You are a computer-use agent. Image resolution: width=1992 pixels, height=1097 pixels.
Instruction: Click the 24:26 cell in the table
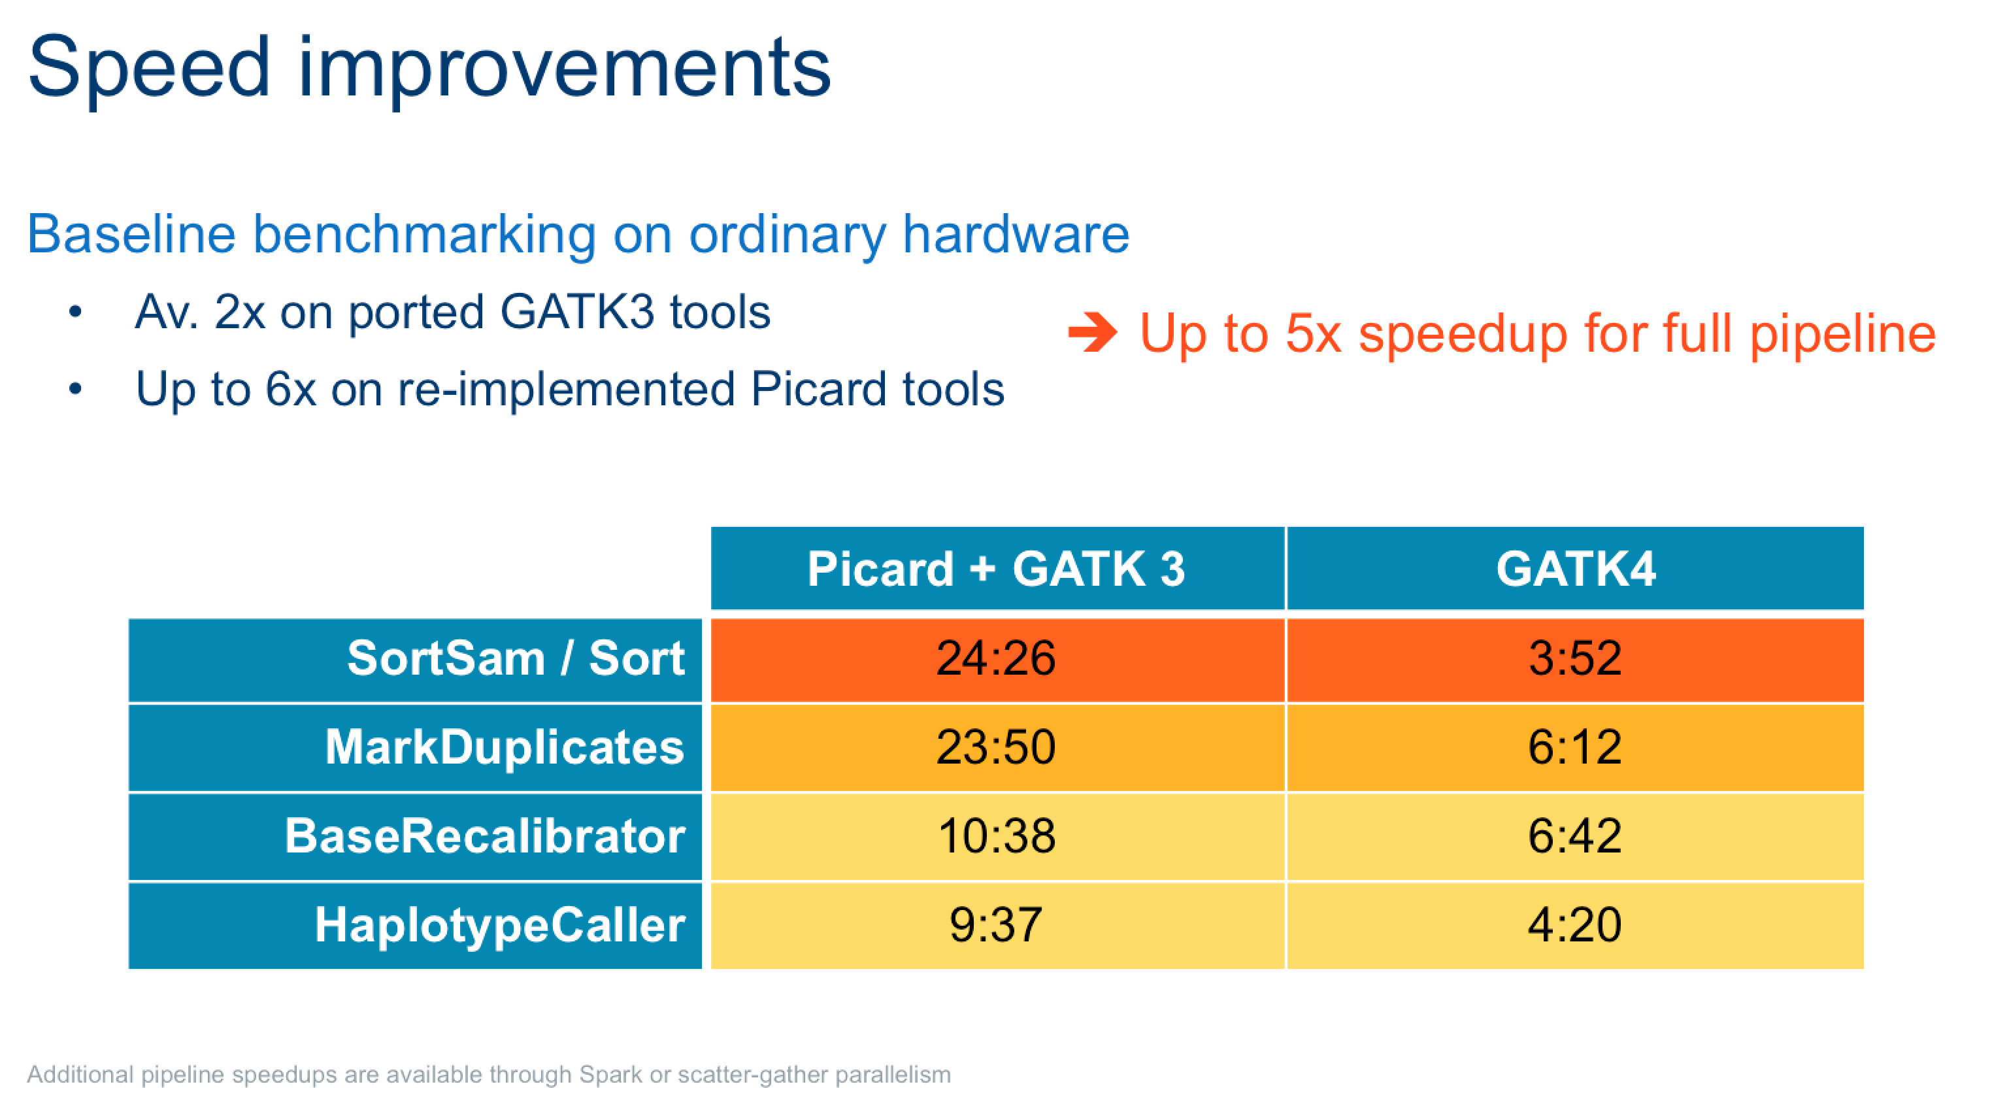[997, 659]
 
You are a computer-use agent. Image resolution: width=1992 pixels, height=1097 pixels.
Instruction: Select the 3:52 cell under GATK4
[1575, 659]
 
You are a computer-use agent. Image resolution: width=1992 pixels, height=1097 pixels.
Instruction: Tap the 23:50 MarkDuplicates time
[997, 747]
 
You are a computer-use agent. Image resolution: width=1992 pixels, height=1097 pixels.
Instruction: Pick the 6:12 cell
[1575, 747]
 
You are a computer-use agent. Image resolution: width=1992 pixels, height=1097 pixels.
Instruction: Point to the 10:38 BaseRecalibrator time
[997, 836]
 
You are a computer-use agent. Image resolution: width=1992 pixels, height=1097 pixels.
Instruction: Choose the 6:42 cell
[1575, 836]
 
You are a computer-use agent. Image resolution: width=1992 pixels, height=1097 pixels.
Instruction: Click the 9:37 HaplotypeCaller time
[997, 925]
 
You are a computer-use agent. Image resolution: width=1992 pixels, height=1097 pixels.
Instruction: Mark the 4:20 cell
[1575, 925]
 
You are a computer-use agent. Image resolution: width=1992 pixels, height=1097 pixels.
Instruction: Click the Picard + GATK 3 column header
[997, 569]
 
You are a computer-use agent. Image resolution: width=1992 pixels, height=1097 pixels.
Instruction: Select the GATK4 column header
[1575, 569]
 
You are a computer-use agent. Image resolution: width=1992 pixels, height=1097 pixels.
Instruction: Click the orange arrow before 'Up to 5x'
[1092, 333]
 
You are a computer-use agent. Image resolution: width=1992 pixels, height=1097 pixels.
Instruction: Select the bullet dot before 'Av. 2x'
[75, 312]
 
